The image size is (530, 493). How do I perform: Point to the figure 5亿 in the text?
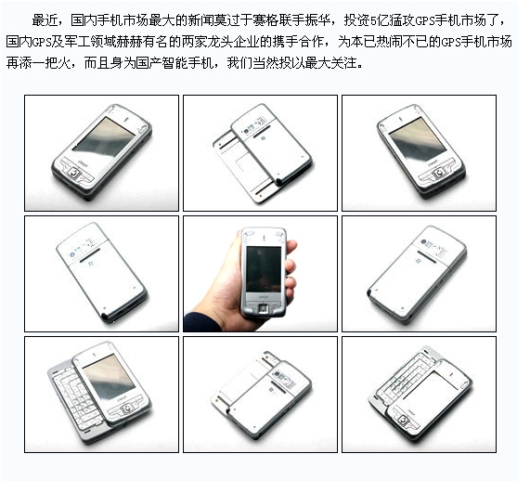coord(380,21)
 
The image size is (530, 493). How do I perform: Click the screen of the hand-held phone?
coord(264,269)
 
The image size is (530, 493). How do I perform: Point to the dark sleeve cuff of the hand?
coord(201,322)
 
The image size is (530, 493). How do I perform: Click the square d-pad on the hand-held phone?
coord(264,309)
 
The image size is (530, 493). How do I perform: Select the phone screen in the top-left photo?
coord(104,138)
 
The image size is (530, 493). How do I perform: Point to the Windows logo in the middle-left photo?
coord(90,264)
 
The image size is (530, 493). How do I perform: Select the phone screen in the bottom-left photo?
coord(109,376)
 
